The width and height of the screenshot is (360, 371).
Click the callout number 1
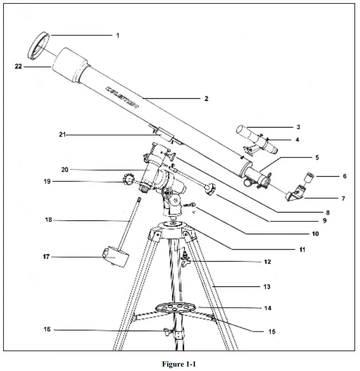coord(118,35)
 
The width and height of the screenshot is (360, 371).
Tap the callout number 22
coord(18,67)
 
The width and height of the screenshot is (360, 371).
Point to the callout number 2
coord(206,99)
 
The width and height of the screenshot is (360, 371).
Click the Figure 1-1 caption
coord(178,364)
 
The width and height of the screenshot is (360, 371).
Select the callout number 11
coord(302,250)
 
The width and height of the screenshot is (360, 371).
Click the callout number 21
coord(62,135)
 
